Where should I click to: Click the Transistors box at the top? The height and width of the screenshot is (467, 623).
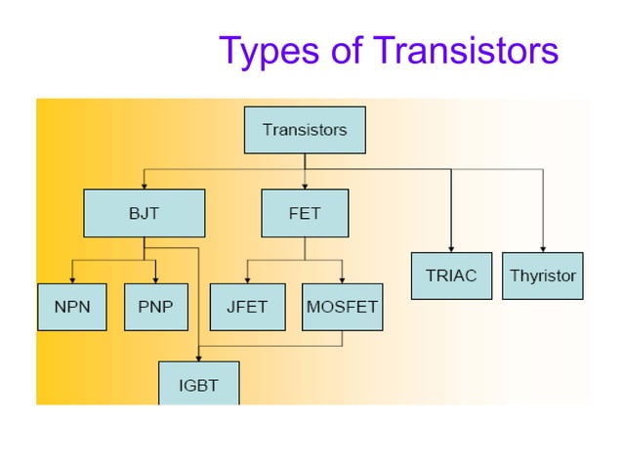point(305,130)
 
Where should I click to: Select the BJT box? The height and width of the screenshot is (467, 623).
point(145,213)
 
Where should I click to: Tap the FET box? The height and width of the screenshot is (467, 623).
point(305,213)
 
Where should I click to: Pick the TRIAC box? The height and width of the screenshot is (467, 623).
point(451,276)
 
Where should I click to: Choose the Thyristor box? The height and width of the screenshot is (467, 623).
point(543,276)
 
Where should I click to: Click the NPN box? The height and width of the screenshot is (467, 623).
point(71,307)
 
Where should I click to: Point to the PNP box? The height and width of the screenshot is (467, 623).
point(155,307)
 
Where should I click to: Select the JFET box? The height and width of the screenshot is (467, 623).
point(247,307)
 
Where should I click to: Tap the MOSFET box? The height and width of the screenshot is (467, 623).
point(342,307)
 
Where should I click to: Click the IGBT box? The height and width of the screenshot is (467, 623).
point(198,384)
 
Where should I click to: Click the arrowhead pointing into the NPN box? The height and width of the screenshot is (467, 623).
point(71,278)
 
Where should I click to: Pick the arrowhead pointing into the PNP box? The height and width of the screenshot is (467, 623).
point(155,278)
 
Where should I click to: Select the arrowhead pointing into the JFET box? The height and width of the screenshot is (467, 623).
point(247,278)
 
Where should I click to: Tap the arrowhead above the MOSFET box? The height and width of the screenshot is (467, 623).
point(342,278)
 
